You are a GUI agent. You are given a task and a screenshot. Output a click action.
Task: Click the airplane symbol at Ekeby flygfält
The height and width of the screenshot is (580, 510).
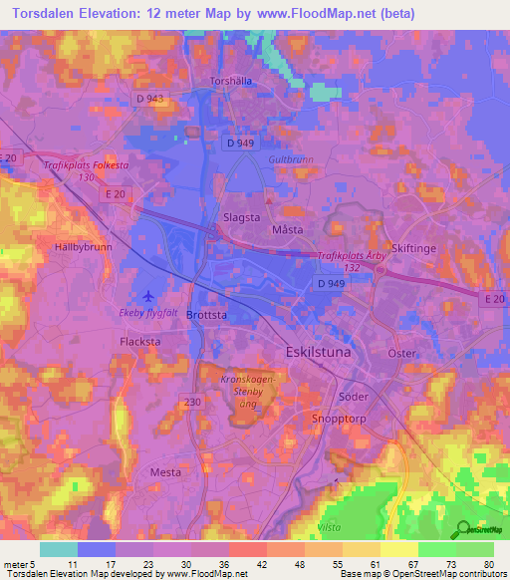(149, 296)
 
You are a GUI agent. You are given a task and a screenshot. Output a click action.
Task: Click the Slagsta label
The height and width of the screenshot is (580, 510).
(240, 214)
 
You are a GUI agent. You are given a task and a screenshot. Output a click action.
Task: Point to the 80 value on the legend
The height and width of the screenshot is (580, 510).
(488, 565)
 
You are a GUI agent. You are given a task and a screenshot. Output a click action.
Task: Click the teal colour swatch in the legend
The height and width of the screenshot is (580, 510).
(58, 549)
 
